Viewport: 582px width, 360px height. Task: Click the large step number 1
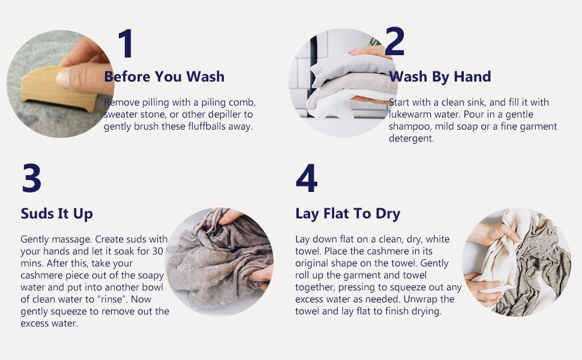click(126, 43)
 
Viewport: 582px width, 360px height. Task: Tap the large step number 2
click(394, 41)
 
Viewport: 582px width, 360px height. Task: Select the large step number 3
click(32, 178)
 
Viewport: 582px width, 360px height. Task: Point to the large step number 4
click(307, 178)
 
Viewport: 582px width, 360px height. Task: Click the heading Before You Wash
click(164, 76)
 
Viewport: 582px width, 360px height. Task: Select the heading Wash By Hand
click(440, 76)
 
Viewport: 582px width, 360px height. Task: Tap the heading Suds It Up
click(57, 214)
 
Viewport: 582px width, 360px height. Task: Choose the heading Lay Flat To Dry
click(348, 214)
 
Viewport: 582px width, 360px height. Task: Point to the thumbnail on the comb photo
click(64, 79)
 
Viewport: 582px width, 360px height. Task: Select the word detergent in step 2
click(411, 139)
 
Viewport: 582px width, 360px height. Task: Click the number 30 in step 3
click(158, 251)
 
